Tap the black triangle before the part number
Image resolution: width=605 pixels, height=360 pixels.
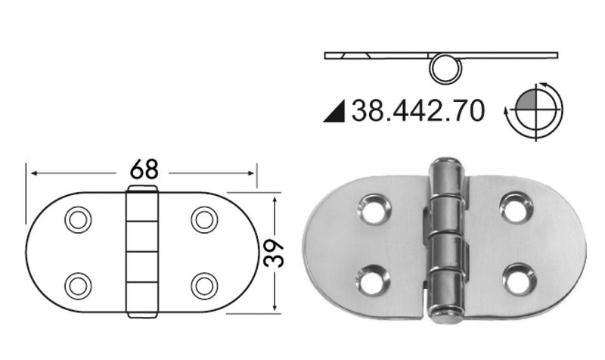pyautogui.click(x=334, y=113)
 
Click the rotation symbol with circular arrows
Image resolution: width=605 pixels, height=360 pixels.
pyautogui.click(x=534, y=111)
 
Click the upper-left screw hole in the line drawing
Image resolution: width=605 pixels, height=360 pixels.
pyautogui.click(x=78, y=219)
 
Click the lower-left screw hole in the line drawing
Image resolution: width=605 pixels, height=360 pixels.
pyautogui.click(x=78, y=285)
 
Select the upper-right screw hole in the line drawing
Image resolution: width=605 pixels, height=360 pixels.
pyautogui.click(x=204, y=219)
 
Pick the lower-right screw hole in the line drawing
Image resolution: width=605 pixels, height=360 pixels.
pyautogui.click(x=204, y=285)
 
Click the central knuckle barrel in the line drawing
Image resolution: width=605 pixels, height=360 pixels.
pyautogui.click(x=141, y=251)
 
